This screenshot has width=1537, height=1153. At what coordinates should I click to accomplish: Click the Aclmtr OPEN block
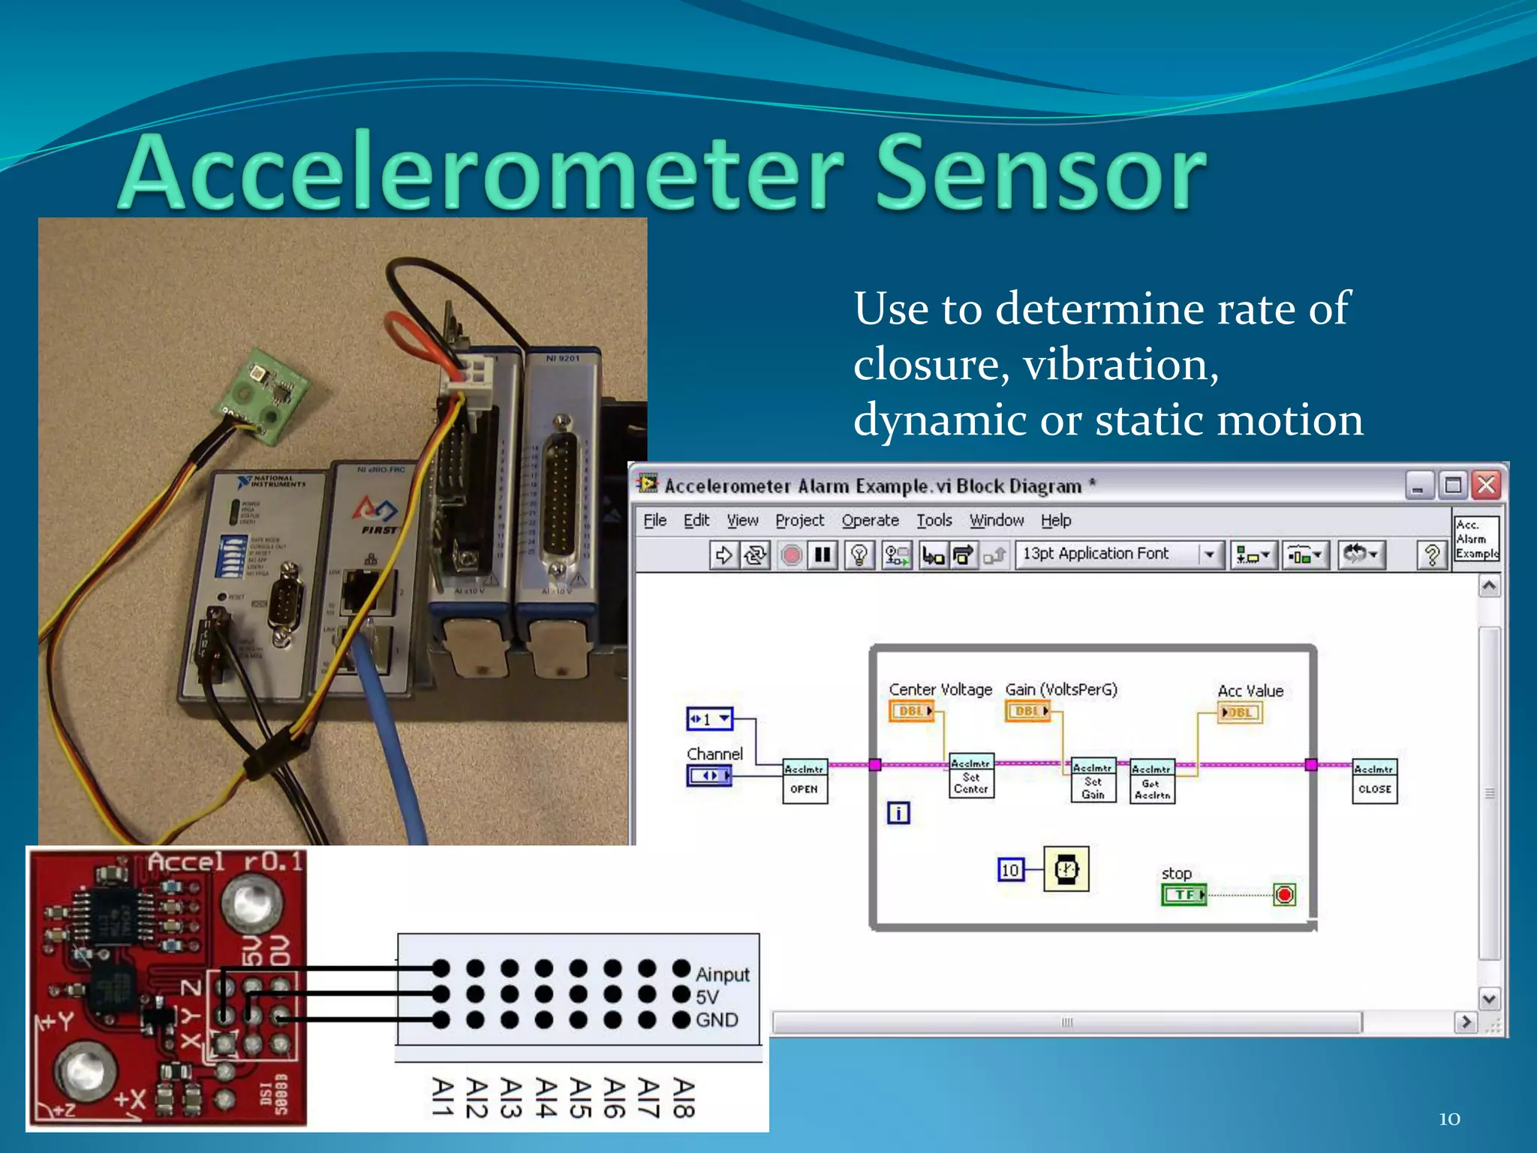pyautogui.click(x=805, y=781)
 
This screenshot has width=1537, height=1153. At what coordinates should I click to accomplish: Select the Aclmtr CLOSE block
pyautogui.click(x=1374, y=781)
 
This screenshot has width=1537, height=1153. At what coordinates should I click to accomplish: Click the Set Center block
pyautogui.click(x=971, y=775)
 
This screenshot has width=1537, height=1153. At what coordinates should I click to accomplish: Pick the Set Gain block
pyautogui.click(x=1093, y=781)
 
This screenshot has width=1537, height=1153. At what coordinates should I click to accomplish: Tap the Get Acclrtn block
pyautogui.click(x=1152, y=781)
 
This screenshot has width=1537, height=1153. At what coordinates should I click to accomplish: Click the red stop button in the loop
pyautogui.click(x=1284, y=895)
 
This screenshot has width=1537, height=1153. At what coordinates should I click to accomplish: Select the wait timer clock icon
pyautogui.click(x=1066, y=869)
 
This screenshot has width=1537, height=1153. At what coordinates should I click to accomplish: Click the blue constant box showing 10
pyautogui.click(x=1010, y=870)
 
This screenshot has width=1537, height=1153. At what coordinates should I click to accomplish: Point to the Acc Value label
pyautogui.click(x=1250, y=691)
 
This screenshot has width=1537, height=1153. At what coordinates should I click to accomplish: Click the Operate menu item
pyautogui.click(x=870, y=520)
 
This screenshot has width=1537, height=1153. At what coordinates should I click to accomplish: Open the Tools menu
pyautogui.click(x=934, y=520)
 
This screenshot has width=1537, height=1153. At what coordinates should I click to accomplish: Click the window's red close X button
pyautogui.click(x=1487, y=485)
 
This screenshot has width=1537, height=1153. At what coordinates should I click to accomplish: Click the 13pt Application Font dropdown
pyautogui.click(x=1118, y=554)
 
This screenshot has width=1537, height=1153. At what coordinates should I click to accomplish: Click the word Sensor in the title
pyautogui.click(x=1041, y=173)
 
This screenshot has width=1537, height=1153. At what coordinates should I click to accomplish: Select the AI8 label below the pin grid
pyautogui.click(x=682, y=1098)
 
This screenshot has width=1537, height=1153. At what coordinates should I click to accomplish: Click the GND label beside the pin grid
pyautogui.click(x=717, y=1020)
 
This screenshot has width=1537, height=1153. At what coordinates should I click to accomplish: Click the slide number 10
pyautogui.click(x=1449, y=1119)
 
